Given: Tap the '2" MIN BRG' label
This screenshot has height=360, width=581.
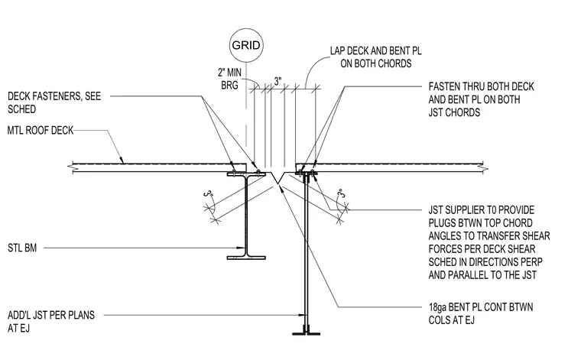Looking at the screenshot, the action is [x=229, y=79].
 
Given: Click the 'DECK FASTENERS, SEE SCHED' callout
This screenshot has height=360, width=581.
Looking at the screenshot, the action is [x=54, y=102].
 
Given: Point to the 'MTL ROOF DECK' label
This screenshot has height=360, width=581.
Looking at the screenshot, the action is [x=41, y=131].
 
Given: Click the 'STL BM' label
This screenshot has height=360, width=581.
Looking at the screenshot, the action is [x=22, y=248].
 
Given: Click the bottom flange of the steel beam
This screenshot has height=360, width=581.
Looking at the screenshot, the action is [x=246, y=258].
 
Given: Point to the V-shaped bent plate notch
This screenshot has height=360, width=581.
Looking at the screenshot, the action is [x=279, y=177].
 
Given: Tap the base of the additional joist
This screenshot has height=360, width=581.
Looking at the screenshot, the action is [x=306, y=333].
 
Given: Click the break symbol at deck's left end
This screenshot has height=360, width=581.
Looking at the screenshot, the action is [x=71, y=167].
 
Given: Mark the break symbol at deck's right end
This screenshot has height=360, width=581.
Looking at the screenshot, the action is [x=485, y=167].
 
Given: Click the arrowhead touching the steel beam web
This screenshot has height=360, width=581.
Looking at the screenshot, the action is [x=242, y=248].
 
